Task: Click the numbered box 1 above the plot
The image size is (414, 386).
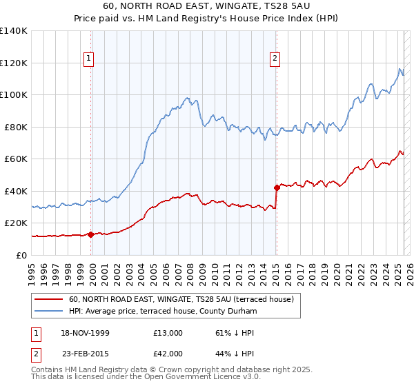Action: click(89, 59)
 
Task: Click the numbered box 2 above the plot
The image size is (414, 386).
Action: click(275, 59)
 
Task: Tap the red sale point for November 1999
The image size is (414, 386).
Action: click(91, 234)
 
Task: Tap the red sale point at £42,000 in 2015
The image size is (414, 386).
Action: click(277, 187)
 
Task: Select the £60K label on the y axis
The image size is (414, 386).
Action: click(16, 159)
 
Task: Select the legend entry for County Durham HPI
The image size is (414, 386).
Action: click(163, 312)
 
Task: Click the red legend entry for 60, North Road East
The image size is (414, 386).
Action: click(181, 299)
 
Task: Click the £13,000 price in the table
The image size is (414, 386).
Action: click(168, 333)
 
